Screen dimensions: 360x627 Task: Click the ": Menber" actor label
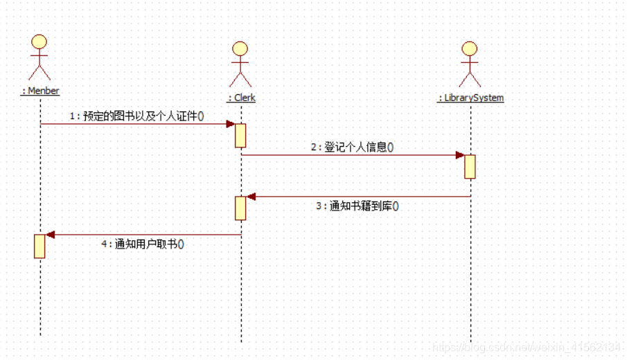point(40,91)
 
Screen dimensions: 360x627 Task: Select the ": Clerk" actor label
point(241,98)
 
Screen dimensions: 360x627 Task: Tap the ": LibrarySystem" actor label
point(470,98)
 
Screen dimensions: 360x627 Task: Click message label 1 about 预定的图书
point(136,116)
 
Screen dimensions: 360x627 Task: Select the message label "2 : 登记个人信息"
point(351,147)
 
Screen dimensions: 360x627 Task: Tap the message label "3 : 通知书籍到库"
point(357,206)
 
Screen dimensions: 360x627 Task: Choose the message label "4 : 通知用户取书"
point(143,244)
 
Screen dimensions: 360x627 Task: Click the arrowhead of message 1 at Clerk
point(231,124)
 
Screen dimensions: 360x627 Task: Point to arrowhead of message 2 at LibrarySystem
point(460,155)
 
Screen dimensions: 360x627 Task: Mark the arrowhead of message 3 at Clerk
point(251,197)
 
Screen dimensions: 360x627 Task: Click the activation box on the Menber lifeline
point(39,246)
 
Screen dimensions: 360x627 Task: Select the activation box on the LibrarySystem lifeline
point(470,167)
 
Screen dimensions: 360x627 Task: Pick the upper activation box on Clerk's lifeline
point(240,135)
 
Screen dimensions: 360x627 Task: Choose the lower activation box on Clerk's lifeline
point(240,208)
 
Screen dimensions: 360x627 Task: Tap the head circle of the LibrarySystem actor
point(470,48)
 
